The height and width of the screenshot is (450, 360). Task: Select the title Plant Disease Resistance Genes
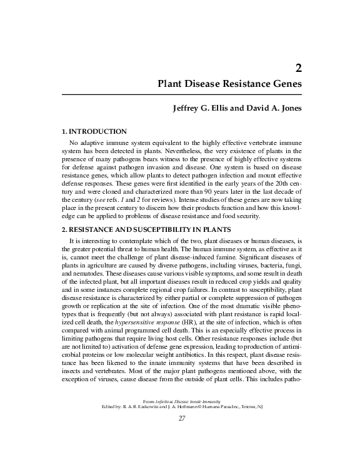(x=230, y=82)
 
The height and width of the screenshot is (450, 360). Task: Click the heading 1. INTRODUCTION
(x=93, y=131)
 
